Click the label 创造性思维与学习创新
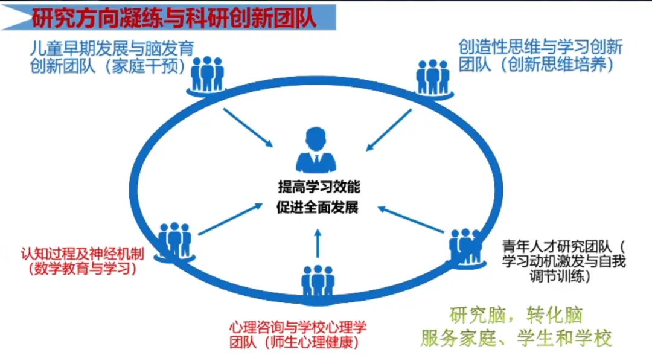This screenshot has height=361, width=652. [x=540, y=47]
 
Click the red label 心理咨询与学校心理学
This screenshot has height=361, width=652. [x=298, y=327]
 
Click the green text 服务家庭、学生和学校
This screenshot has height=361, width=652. [x=516, y=337]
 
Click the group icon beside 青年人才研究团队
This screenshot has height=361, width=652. [x=466, y=244]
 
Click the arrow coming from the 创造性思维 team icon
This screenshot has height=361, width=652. [x=389, y=129]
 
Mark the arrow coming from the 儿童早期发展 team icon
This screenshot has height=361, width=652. [x=248, y=127]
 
